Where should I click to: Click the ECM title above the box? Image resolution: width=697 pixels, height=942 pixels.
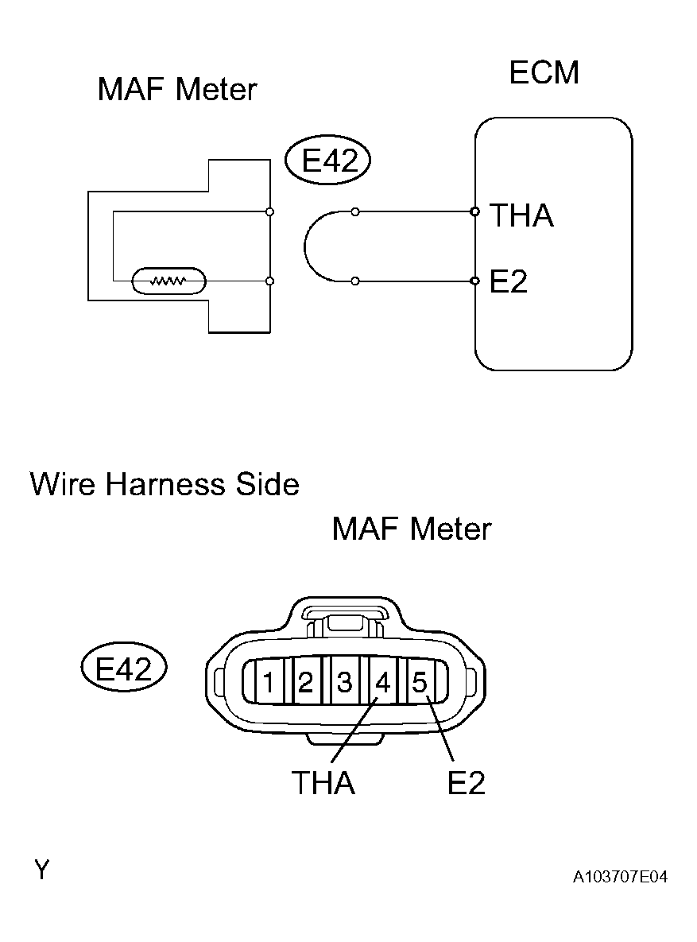tap(544, 73)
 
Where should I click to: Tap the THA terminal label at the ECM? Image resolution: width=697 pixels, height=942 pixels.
tap(521, 215)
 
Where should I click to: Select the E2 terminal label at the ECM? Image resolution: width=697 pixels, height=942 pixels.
tap(509, 281)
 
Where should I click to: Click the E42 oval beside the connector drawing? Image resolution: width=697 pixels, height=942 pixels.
tap(123, 669)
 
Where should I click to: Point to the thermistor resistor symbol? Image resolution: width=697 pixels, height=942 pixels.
tap(168, 281)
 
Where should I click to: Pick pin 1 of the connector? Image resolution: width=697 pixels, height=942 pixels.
tap(269, 682)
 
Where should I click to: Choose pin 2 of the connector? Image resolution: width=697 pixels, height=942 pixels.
tap(306, 682)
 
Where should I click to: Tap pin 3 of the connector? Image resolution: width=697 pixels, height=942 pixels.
tap(344, 682)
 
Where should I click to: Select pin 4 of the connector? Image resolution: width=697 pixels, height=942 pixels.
tap(382, 682)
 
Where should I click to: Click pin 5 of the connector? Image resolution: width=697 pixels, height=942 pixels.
tap(420, 682)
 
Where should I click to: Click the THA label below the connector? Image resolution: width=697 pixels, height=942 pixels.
tap(323, 784)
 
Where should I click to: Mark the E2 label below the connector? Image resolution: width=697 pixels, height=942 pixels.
tap(466, 784)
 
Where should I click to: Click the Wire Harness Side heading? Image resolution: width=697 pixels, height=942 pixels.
tap(165, 484)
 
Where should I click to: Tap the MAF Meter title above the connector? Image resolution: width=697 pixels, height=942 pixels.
tap(412, 529)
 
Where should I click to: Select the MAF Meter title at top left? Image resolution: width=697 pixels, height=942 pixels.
tap(177, 89)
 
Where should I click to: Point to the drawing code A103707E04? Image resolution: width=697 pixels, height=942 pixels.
tap(620, 877)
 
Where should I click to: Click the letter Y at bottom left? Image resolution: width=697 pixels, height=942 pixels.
tap(41, 870)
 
